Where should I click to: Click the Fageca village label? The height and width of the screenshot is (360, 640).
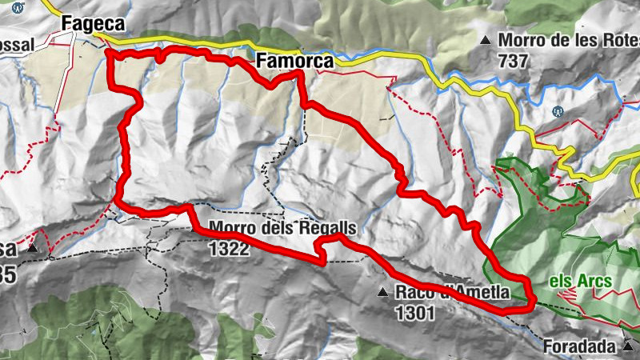click(x=94, y=26)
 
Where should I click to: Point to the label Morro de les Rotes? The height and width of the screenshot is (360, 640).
click(x=568, y=39)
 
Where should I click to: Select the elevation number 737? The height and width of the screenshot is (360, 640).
click(x=512, y=61)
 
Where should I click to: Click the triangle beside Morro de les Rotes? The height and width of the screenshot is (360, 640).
click(x=484, y=39)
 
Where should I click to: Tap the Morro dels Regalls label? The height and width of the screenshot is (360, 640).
click(x=282, y=227)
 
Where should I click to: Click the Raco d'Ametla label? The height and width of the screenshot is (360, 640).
click(x=453, y=293)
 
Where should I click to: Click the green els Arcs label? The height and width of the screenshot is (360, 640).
click(x=581, y=281)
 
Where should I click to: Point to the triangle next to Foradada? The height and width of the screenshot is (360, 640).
click(x=629, y=346)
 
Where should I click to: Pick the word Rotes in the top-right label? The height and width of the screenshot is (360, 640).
click(x=614, y=39)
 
